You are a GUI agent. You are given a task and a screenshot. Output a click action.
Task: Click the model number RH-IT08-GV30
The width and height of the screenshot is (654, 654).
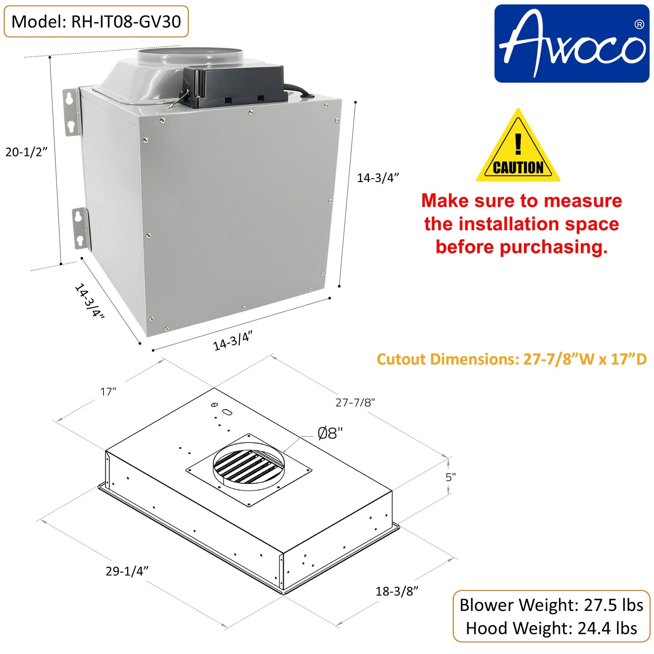(x=126, y=22)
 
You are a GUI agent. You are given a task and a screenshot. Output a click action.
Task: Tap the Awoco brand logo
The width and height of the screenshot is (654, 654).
(x=571, y=43)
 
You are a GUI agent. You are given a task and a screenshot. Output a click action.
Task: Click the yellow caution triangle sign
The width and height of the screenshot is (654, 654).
(x=518, y=146)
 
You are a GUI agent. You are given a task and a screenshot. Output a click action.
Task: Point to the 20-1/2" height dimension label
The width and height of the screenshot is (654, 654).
(x=26, y=152)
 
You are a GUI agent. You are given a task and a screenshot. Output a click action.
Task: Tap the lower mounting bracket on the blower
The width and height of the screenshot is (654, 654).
(x=81, y=229)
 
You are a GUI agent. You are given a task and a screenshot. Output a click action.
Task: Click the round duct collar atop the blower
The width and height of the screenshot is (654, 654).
(x=190, y=56)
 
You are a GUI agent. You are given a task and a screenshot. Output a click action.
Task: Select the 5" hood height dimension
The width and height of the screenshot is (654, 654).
(x=451, y=477)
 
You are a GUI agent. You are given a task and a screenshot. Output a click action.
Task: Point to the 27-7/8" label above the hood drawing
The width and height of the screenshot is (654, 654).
(x=355, y=402)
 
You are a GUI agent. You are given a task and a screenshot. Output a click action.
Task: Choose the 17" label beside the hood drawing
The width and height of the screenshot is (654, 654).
(x=108, y=392)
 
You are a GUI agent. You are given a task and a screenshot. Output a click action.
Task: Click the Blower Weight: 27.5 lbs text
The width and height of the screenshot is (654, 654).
(x=551, y=605)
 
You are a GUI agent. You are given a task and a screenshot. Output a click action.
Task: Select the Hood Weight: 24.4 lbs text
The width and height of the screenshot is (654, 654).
(x=551, y=628)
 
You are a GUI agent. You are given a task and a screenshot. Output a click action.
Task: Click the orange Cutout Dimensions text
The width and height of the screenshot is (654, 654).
(x=512, y=359)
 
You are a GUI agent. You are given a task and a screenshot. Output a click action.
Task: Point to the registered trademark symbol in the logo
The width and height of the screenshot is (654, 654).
(x=639, y=25)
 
